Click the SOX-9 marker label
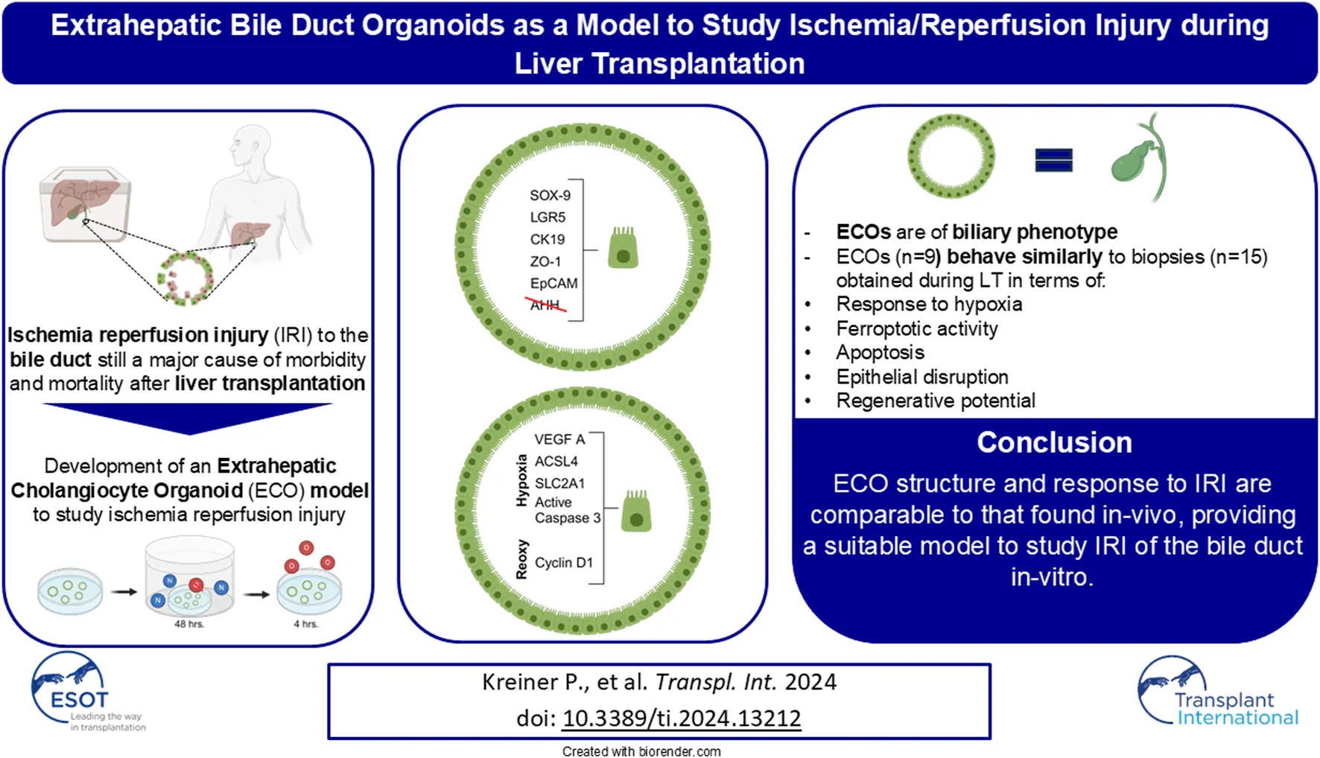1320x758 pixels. [x=550, y=195]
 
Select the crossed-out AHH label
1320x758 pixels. [x=545, y=305]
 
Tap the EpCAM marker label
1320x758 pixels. [x=553, y=283]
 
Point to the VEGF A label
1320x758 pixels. [x=559, y=439]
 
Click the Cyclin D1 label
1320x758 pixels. [x=563, y=562]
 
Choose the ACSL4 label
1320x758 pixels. [x=556, y=461]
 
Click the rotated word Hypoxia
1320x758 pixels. [x=521, y=481]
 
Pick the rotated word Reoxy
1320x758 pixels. [x=521, y=559]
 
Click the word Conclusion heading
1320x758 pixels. [x=1054, y=442]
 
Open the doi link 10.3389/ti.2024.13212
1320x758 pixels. [x=681, y=718]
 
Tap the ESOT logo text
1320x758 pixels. [x=79, y=700]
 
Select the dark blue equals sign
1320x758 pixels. [x=1053, y=159]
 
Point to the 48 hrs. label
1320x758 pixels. [x=189, y=624]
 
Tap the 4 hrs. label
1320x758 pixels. [x=305, y=624]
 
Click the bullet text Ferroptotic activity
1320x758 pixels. [x=916, y=328]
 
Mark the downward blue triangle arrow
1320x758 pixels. [x=188, y=418]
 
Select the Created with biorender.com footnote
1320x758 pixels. [x=641, y=751]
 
